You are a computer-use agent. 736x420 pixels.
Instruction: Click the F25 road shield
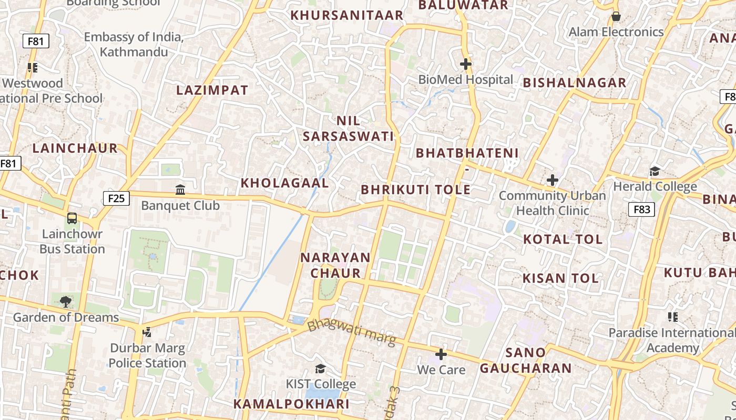click(116, 198)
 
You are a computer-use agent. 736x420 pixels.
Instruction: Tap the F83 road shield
click(641, 209)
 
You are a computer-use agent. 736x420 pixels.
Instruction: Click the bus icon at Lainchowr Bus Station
click(72, 218)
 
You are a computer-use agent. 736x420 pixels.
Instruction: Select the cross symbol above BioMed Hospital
click(466, 64)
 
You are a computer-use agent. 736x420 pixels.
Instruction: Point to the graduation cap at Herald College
click(655, 171)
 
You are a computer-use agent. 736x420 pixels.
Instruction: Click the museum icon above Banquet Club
click(180, 189)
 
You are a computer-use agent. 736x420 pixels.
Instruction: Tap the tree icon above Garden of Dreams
click(66, 301)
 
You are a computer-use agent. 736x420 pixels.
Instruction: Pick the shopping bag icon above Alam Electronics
click(616, 16)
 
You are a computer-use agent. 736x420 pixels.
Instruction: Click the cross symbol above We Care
click(441, 354)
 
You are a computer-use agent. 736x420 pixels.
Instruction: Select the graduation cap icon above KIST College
click(320, 369)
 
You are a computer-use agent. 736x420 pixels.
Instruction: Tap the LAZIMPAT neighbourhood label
click(212, 90)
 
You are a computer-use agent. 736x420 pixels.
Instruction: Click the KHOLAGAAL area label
click(284, 183)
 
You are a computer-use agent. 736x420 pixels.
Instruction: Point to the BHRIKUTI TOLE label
click(415, 190)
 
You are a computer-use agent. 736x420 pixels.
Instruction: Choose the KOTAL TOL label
click(563, 239)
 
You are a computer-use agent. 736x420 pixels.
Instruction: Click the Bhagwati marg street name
click(351, 332)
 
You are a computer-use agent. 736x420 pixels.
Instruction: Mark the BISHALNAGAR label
click(574, 83)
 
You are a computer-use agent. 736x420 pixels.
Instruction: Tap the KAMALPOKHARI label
click(291, 404)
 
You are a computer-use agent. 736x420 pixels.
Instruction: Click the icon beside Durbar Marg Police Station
click(147, 332)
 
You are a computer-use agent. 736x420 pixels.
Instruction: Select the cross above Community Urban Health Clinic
click(552, 180)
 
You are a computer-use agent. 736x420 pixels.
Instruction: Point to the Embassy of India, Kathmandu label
click(134, 45)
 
